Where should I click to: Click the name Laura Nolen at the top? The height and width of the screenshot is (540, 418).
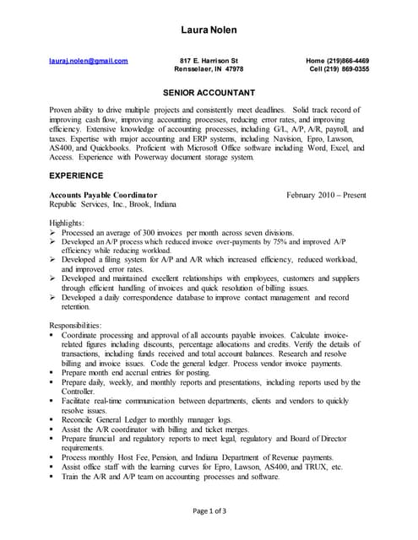point(209,30)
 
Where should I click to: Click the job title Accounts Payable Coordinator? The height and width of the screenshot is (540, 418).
point(103,195)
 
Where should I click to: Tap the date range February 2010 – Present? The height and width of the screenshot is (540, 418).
point(326,195)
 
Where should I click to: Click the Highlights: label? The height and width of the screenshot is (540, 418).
point(67,222)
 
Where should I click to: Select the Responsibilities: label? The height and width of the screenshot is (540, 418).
point(75,325)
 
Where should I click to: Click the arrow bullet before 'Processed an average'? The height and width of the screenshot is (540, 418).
point(53,232)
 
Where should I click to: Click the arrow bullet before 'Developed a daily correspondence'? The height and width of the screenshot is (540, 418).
point(53,297)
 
